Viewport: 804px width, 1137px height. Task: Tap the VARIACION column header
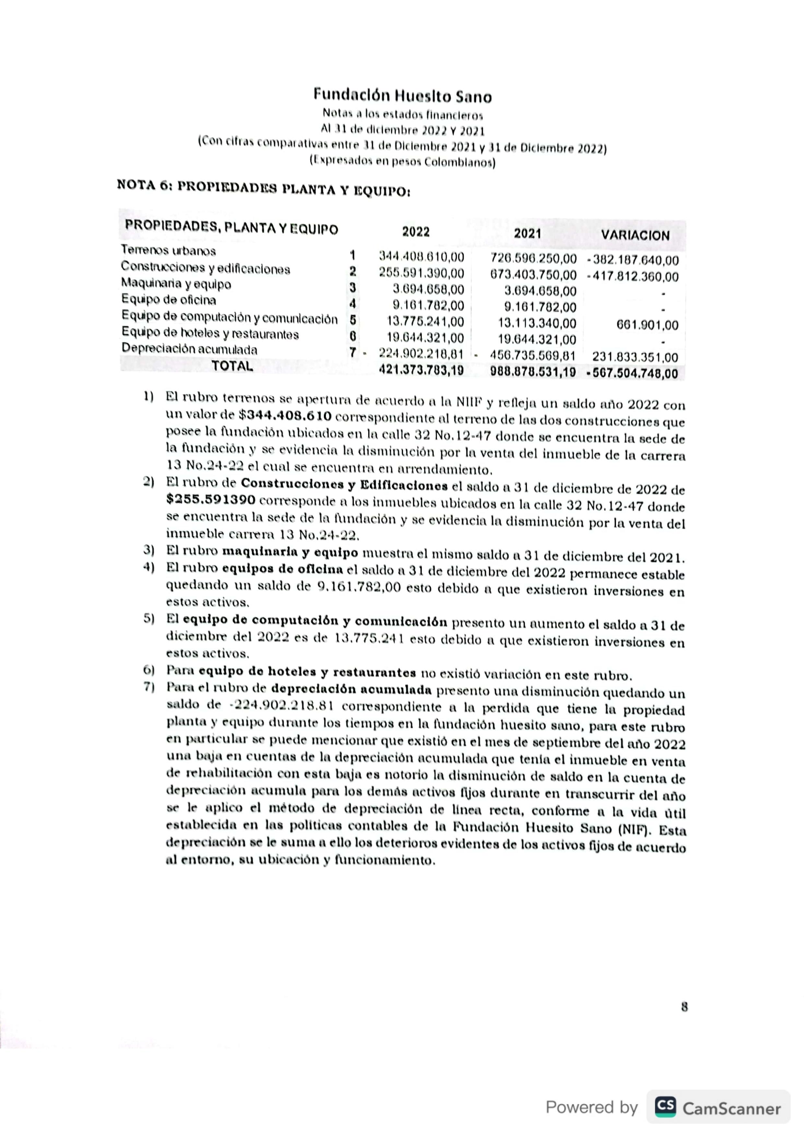point(635,235)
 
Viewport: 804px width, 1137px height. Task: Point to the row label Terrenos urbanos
point(169,250)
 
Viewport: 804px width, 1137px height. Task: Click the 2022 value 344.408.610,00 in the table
point(421,257)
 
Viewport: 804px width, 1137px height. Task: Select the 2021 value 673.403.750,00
point(533,275)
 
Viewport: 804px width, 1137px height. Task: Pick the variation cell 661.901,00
point(647,325)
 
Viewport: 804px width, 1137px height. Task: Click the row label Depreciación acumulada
point(189,349)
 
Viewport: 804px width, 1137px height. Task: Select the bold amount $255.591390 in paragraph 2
point(211,500)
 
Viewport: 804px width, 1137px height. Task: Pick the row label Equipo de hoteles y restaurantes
point(210,334)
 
